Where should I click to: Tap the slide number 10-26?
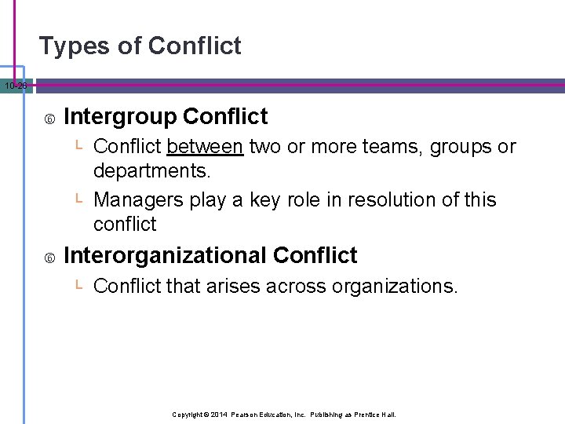pos(15,86)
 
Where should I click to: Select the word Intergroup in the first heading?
pos(119,117)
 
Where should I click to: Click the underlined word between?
pos(205,147)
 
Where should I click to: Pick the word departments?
pos(152,170)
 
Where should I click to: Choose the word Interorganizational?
pos(165,255)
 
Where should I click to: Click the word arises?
pos(233,287)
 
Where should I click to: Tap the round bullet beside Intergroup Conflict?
pos(49,119)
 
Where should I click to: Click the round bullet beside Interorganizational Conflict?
pos(49,257)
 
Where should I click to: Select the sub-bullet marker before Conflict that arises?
pos(79,285)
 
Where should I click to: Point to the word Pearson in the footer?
pos(245,414)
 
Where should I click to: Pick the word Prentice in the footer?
pos(367,414)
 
